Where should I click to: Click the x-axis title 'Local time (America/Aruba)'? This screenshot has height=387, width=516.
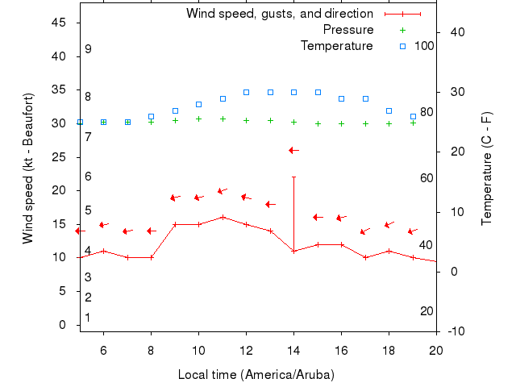pos(256,375)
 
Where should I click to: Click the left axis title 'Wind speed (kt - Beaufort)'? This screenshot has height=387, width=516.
pos(28,168)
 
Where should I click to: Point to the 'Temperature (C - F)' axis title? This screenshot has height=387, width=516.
pos(487,168)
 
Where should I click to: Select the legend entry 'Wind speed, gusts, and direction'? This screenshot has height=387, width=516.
pos(279,14)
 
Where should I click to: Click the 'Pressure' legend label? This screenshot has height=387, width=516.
pos(347,30)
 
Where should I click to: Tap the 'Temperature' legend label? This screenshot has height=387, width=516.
pos(336,46)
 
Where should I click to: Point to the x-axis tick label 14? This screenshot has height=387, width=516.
pos(293,350)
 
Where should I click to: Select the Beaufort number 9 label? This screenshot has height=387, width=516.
pos(88,49)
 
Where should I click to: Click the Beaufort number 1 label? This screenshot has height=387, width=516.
pos(88,318)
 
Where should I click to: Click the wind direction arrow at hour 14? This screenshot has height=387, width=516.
pos(293,150)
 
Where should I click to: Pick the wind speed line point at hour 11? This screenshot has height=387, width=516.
pos(223,217)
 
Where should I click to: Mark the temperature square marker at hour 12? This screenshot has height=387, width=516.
pos(247,92)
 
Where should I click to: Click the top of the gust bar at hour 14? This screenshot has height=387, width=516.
pos(293,177)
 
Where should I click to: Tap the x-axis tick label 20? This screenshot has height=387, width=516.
pos(436,350)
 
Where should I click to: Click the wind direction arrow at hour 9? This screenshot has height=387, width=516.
pos(175,198)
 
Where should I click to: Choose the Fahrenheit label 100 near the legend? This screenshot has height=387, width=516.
pos(424,46)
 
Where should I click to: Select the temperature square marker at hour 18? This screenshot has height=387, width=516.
pos(389,110)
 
